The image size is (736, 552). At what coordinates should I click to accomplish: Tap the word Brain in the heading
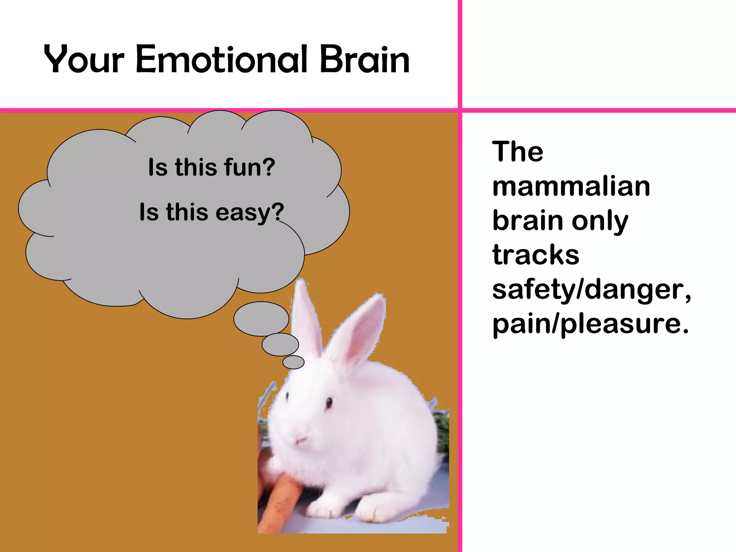pyautogui.click(x=364, y=59)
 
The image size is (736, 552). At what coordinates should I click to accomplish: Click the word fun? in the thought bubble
pyautogui.click(x=249, y=167)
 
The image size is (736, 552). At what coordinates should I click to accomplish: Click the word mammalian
pyautogui.click(x=571, y=187)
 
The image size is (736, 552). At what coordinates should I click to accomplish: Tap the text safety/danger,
pyautogui.click(x=591, y=289)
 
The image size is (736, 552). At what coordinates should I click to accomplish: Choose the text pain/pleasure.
pyautogui.click(x=590, y=324)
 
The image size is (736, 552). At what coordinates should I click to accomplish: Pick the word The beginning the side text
pyautogui.click(x=517, y=152)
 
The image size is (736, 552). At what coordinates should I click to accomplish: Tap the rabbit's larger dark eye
pyautogui.click(x=329, y=403)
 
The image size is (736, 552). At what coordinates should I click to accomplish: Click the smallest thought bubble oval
pyautogui.click(x=293, y=362)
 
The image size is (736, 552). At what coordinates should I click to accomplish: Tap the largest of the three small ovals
pyautogui.click(x=261, y=319)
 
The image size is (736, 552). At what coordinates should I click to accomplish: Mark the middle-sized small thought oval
pyautogui.click(x=280, y=345)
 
